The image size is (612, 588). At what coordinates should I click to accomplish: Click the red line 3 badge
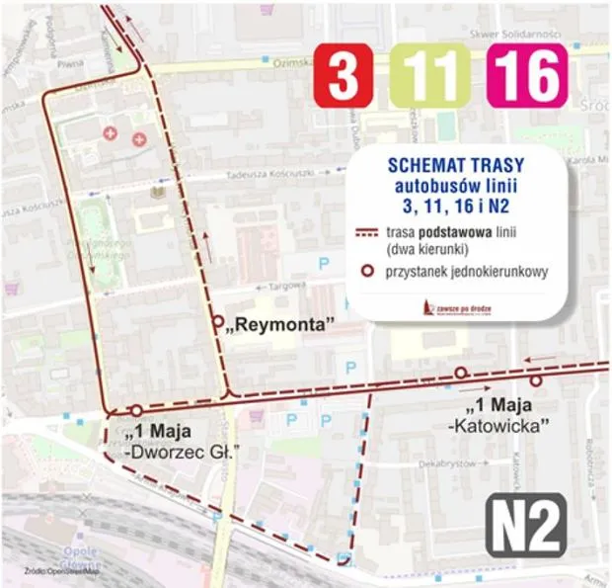coord(342,75)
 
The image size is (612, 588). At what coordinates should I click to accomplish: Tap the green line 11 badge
coord(428,75)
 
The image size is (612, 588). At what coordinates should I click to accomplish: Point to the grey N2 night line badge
coord(528,528)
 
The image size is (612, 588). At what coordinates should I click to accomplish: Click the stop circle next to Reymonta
coord(217,321)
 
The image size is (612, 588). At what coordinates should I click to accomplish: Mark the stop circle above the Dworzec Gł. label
coord(136,410)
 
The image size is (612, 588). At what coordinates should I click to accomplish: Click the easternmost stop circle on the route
coord(536,380)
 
